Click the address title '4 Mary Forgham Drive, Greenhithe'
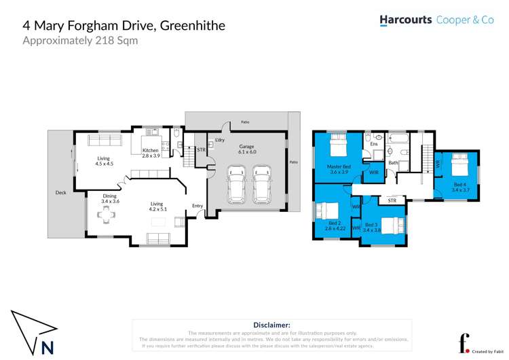(x=124, y=26)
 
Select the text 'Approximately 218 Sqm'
(x=80, y=41)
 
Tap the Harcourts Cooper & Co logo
(x=436, y=20)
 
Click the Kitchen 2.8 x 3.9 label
(x=150, y=154)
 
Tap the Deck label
(x=61, y=192)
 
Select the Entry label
(x=197, y=205)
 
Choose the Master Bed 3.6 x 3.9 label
(x=339, y=169)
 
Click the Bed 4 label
(x=460, y=187)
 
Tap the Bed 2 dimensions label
(x=335, y=229)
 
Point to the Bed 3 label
(x=371, y=227)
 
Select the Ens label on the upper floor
(x=374, y=144)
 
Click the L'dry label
(x=219, y=140)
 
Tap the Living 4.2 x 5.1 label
(x=157, y=206)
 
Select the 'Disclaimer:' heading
(x=271, y=325)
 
